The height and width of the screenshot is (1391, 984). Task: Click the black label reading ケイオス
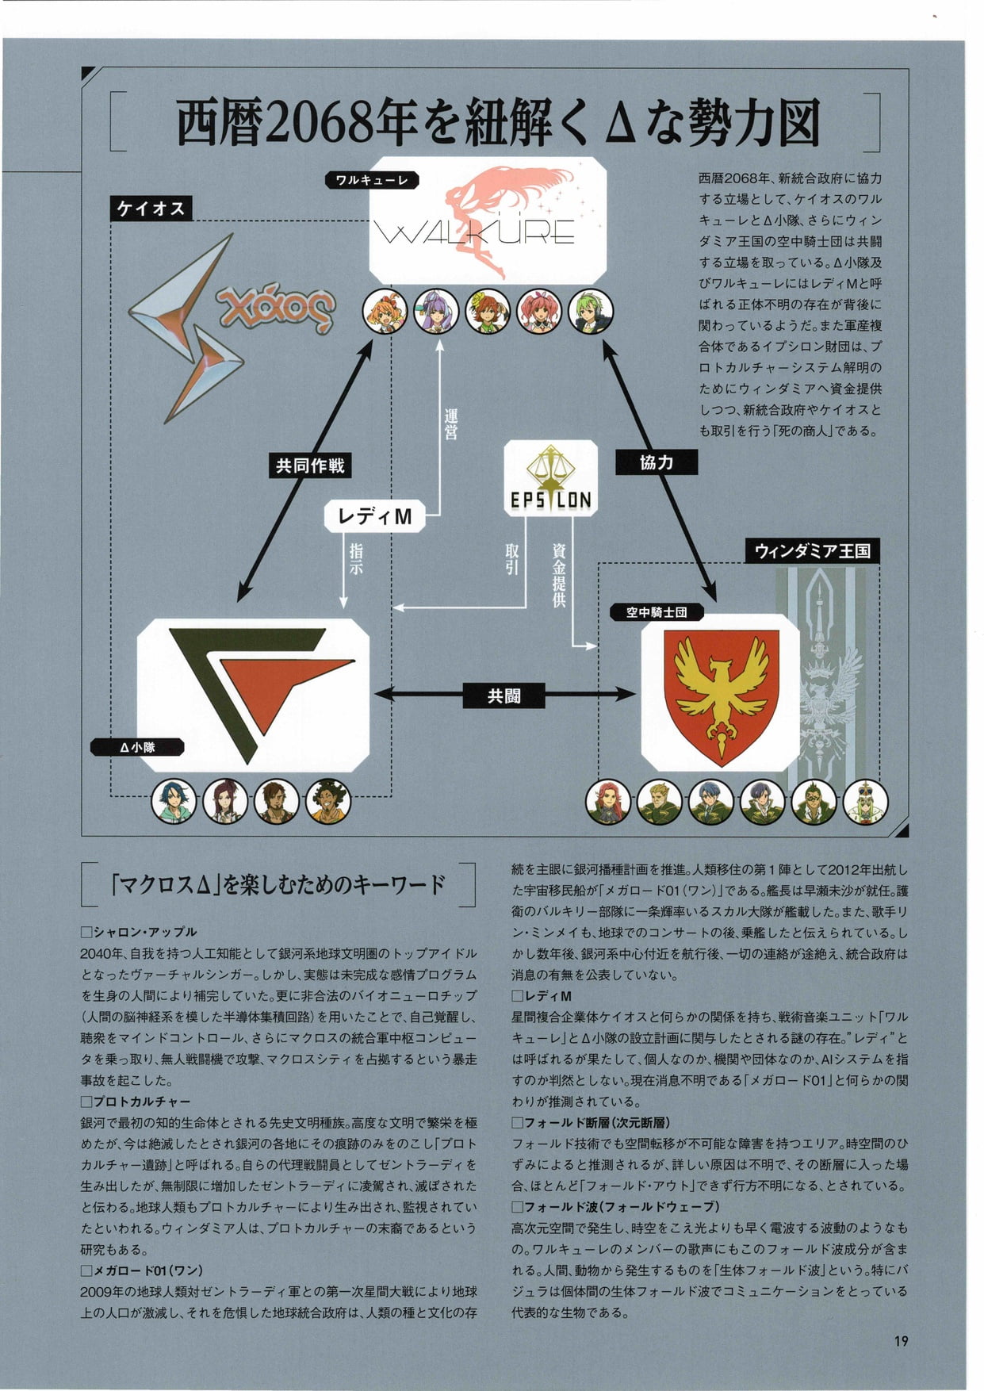pos(151,209)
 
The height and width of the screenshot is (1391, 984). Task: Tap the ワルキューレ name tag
pos(371,180)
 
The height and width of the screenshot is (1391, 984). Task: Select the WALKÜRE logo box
pos(488,220)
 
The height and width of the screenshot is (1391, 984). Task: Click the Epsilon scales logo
pos(550,478)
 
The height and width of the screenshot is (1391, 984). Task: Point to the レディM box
pos(374,516)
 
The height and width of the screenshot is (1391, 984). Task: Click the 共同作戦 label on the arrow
pos(310,466)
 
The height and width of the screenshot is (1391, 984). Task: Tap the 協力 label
pos(657,462)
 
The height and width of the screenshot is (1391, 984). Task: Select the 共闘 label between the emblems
pos(504,695)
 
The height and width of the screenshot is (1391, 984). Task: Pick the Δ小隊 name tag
pos(137,747)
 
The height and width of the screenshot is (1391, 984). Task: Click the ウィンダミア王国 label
pos(813,550)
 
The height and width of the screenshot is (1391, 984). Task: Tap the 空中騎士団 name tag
pos(657,612)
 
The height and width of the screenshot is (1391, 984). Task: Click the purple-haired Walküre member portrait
pos(436,311)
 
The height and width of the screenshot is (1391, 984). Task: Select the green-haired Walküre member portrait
pos(591,311)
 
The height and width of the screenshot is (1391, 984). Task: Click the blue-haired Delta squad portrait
pos(174,801)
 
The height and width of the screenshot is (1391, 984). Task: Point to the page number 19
pos(901,1341)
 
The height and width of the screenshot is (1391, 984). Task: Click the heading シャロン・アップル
pos(139,932)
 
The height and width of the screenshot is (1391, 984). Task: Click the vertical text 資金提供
pos(559,575)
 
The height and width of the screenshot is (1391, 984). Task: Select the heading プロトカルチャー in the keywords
pos(136,1102)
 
